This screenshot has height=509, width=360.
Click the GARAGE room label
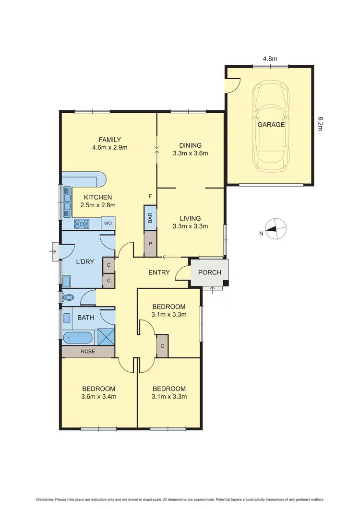click(271, 125)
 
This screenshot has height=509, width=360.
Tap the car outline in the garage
click(271, 126)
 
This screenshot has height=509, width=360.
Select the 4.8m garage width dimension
click(269, 59)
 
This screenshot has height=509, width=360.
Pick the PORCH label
click(210, 272)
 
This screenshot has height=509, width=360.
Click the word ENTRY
click(159, 272)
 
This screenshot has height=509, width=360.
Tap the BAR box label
click(150, 219)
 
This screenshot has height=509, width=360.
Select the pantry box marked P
click(150, 243)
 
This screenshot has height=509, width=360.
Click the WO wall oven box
click(108, 224)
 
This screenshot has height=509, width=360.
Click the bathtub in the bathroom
click(78, 338)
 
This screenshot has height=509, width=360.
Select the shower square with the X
click(106, 337)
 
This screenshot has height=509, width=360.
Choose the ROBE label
click(87, 352)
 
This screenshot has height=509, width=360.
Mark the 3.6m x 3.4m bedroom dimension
click(99, 396)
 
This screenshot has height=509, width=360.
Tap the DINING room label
click(190, 145)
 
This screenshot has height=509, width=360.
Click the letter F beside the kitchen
click(150, 197)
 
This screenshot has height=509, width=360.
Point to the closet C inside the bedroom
click(162, 346)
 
